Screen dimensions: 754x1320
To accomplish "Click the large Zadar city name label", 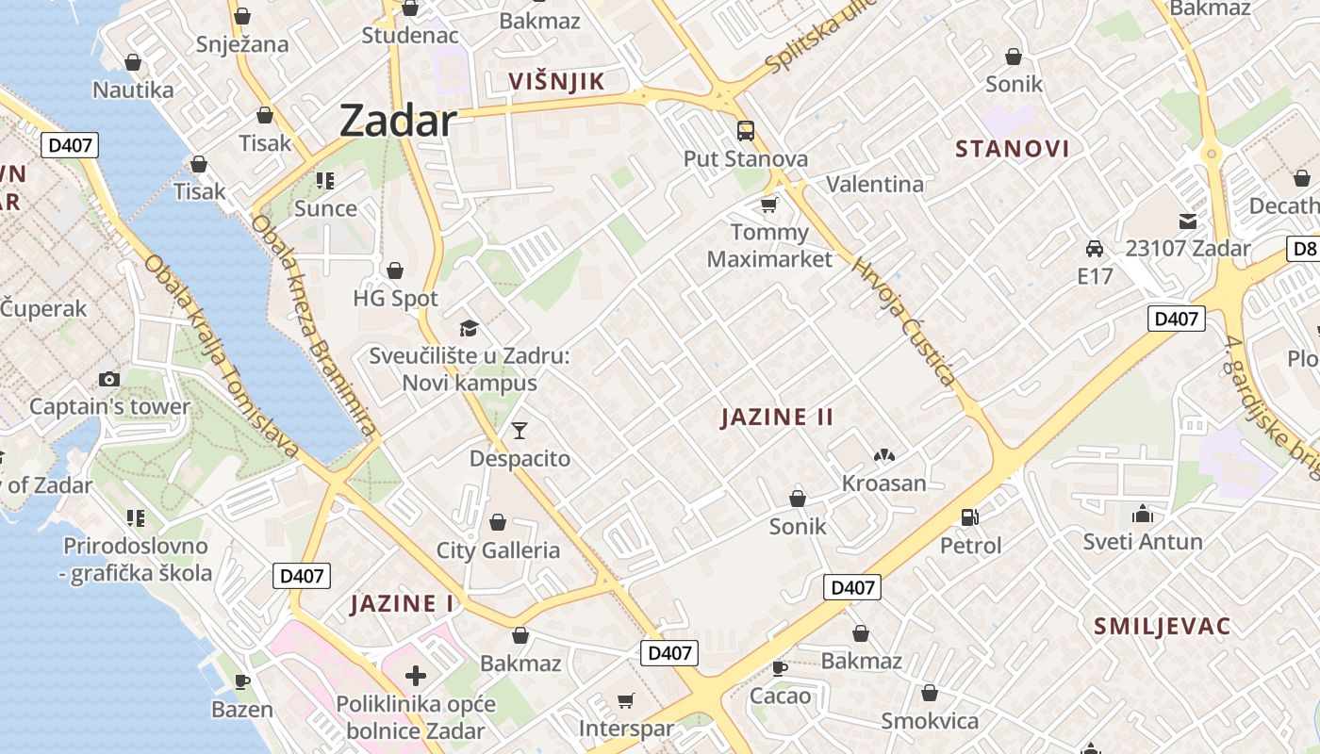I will click(x=397, y=122).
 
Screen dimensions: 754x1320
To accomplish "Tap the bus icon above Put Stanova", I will click(x=746, y=130).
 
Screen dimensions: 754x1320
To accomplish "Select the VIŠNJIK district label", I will click(x=556, y=81).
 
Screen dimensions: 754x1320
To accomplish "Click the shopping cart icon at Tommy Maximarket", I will click(x=769, y=204).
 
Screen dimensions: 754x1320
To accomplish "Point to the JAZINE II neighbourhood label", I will click(x=777, y=417).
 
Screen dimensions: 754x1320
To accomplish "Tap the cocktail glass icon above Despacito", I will click(x=520, y=431).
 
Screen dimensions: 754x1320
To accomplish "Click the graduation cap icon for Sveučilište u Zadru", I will click(x=469, y=328).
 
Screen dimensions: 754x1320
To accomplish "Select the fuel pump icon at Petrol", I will click(x=969, y=516).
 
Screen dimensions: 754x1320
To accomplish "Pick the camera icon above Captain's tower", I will click(x=109, y=379).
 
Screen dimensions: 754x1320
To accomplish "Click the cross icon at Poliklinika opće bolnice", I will click(x=416, y=676).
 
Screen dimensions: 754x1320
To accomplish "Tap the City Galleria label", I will click(x=498, y=550).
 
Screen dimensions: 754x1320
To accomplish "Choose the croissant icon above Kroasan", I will click(x=883, y=455).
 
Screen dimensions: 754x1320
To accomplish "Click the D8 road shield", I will click(x=1303, y=249).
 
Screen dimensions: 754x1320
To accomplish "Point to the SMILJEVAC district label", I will click(x=1162, y=626).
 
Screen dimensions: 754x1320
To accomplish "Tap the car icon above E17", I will click(x=1095, y=249).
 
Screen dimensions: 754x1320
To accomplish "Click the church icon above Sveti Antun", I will click(x=1143, y=514).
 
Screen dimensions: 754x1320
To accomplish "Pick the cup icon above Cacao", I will click(x=780, y=668).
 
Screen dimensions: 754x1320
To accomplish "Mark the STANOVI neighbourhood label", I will click(x=1013, y=149).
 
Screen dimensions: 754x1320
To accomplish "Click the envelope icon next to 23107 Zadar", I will click(x=1188, y=221).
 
